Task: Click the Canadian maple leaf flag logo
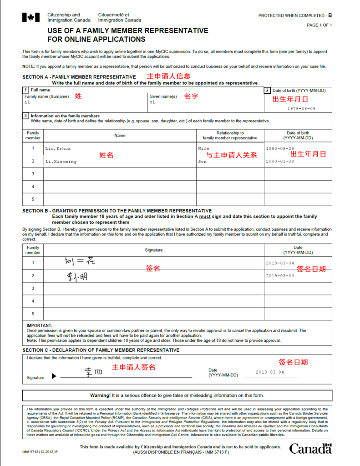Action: point(31,18)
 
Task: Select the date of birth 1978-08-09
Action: point(301,109)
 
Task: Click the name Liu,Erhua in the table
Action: point(58,149)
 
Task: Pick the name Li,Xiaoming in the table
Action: point(61,162)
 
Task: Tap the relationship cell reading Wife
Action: point(203,149)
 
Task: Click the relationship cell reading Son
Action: point(202,162)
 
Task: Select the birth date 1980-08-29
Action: point(280,149)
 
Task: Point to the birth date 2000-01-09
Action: point(280,162)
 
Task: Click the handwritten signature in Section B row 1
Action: point(80,262)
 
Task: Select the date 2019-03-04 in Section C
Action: point(269,372)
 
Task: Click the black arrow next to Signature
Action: point(54,376)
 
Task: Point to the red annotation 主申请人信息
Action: point(168,76)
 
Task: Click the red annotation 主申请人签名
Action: point(134,367)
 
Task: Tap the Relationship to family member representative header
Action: point(230,135)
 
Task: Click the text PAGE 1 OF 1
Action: point(319,25)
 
